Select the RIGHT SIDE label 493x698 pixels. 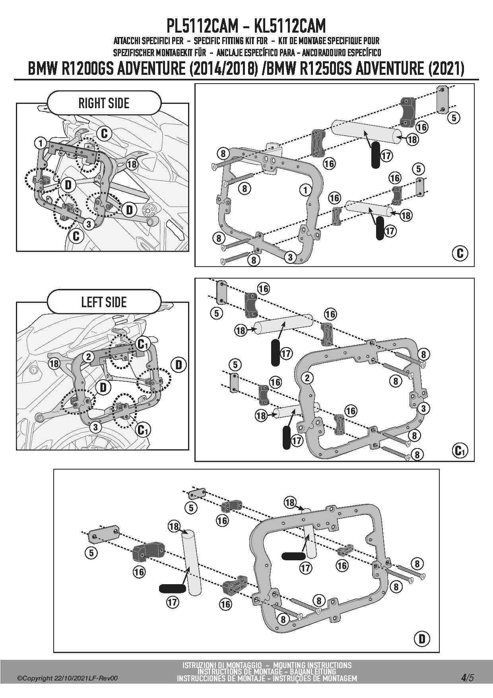point(104,103)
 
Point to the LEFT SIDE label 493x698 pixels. point(104,302)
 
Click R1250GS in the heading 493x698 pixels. point(323,69)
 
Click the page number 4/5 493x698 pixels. point(468,677)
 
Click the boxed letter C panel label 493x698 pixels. point(460,253)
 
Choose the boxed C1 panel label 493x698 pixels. point(460,450)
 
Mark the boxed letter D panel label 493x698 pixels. point(422,639)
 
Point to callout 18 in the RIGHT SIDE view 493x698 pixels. point(132,164)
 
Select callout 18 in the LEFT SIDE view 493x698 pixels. point(54,363)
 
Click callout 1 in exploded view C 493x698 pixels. point(305,190)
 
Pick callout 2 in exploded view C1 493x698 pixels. point(307,378)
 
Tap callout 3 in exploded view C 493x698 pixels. point(290,257)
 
